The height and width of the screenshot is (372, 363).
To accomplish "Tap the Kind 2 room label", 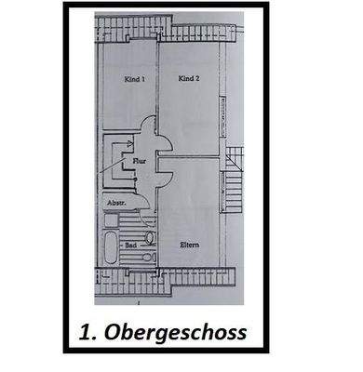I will point(191,80).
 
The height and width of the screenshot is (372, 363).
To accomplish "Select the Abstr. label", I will point(115,202).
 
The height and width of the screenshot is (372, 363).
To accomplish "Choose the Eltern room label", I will point(191,244).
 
